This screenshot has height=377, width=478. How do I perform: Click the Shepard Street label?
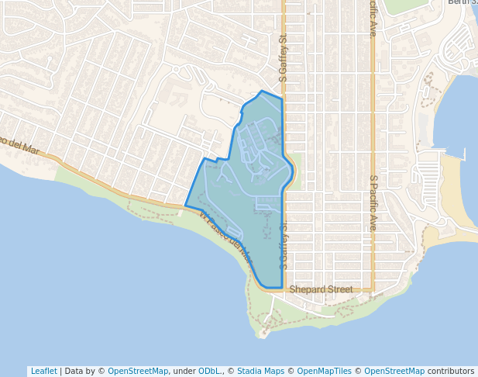(321, 289)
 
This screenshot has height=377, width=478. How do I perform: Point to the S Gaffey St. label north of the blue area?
(284, 63)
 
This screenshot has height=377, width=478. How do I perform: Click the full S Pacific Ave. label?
(373, 203)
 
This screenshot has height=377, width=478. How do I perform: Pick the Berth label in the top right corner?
(463, 2)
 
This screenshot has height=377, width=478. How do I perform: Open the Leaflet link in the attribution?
(43, 371)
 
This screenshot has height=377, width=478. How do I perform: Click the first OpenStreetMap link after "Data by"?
(138, 371)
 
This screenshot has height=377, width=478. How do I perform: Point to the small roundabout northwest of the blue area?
(176, 69)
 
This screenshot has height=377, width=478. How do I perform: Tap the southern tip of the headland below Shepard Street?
(263, 334)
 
